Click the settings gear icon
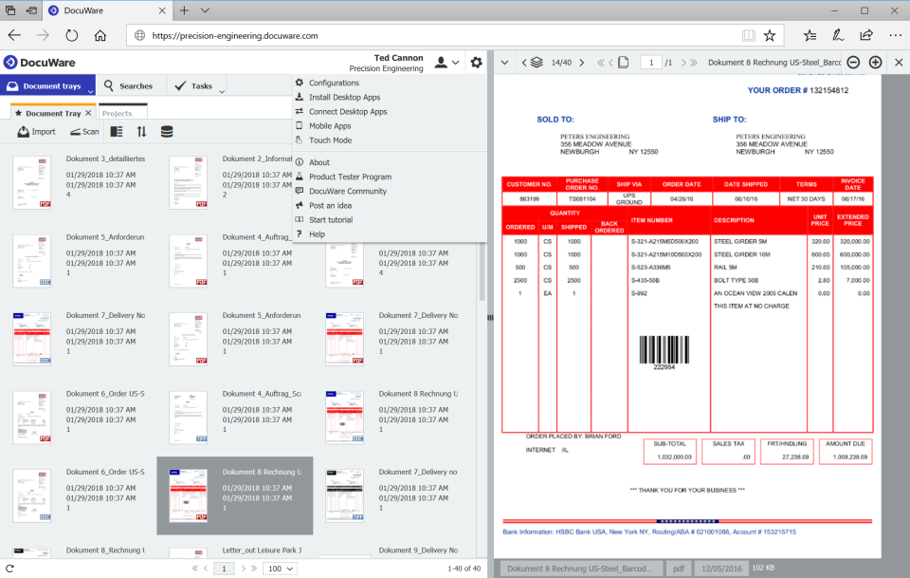point(476,63)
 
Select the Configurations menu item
point(334,83)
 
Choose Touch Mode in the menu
point(330,140)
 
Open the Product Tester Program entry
point(350,177)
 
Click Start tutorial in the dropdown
point(330,220)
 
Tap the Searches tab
point(129,86)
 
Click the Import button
point(37,132)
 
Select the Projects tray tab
point(118,114)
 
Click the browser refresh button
point(72,35)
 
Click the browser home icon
point(100,35)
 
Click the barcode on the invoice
point(663,352)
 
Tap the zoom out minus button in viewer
point(853,63)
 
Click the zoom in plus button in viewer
point(875,63)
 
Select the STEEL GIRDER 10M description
point(742,254)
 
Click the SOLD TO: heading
point(555,120)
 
